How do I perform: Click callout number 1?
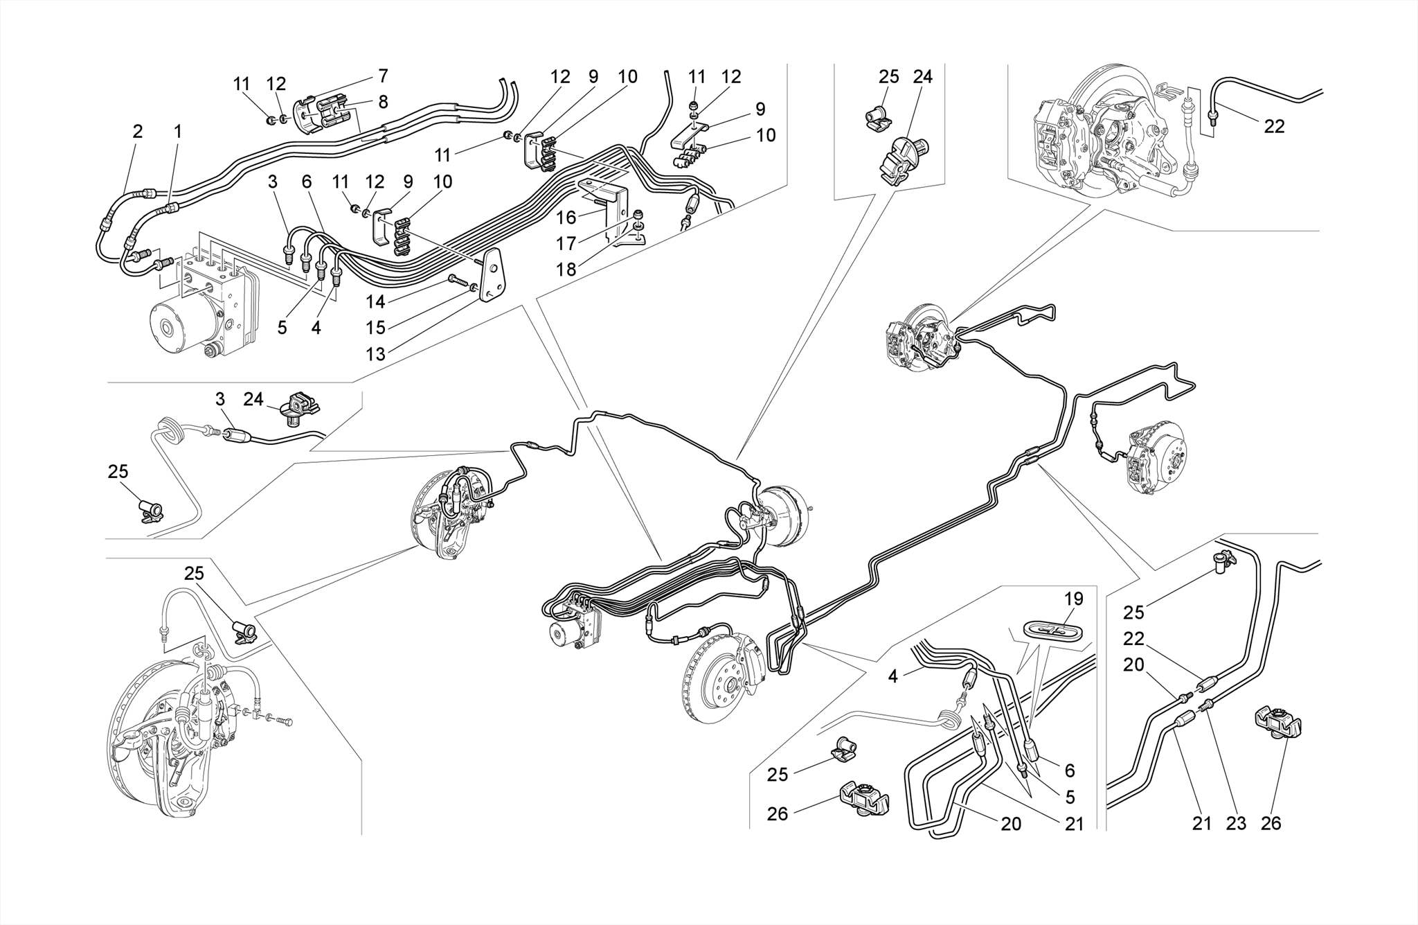[x=177, y=131]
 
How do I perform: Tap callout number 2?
[x=138, y=131]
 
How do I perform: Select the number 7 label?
[x=383, y=76]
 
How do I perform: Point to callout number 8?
[x=383, y=103]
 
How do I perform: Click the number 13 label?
[x=375, y=354]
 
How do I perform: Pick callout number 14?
[x=375, y=301]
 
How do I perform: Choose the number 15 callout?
[x=375, y=327]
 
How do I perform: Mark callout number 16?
[x=566, y=218]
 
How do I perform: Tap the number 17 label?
[x=566, y=244]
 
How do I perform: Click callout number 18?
[x=566, y=270]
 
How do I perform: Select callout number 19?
[x=1073, y=599]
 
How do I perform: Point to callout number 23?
[x=1236, y=823]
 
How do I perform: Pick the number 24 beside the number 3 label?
[x=253, y=399]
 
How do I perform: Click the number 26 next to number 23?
[x=1271, y=823]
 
